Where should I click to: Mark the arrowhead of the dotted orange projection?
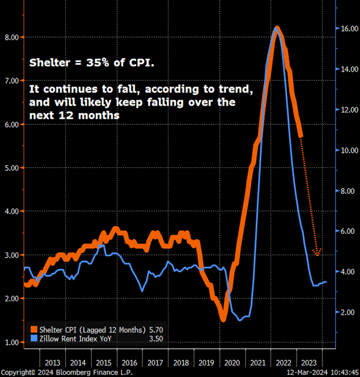coord(317,253)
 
